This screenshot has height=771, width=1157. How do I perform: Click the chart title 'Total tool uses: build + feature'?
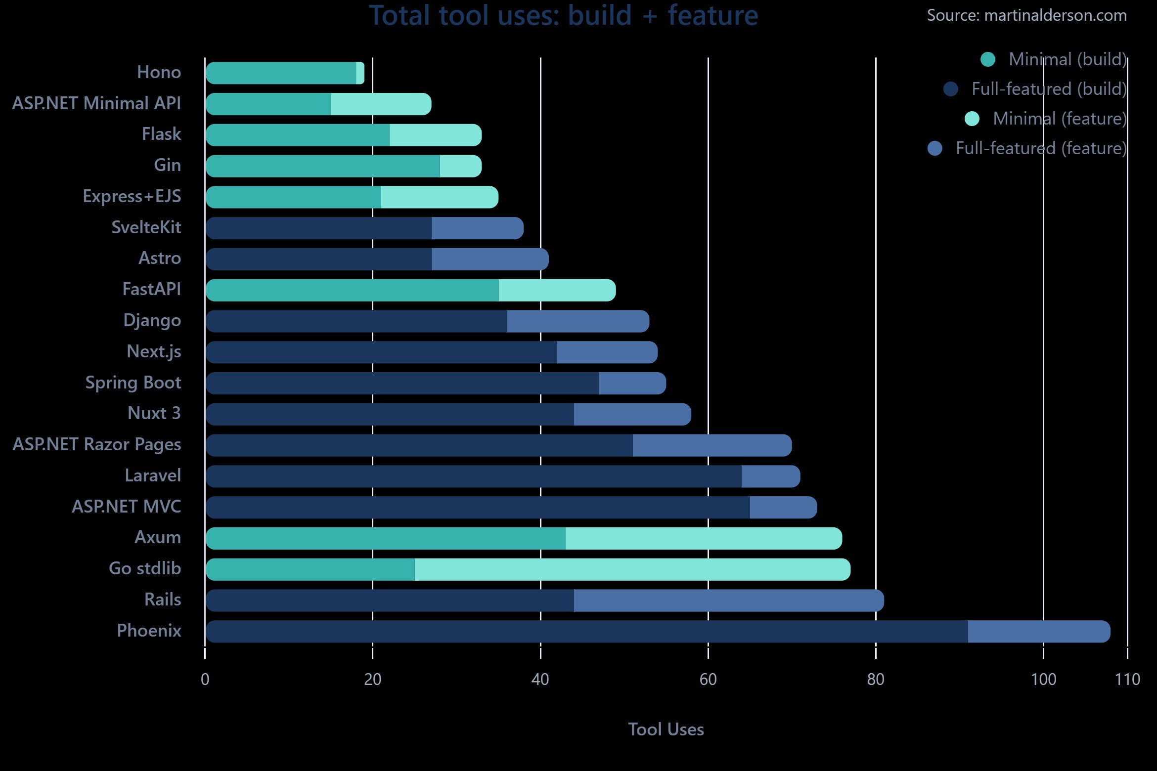pyautogui.click(x=563, y=16)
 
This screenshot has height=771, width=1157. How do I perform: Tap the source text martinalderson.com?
pyautogui.click(x=1026, y=16)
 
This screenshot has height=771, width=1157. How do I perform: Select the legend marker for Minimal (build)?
pyautogui.click(x=987, y=59)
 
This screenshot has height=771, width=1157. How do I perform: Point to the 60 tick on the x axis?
pyautogui.click(x=708, y=680)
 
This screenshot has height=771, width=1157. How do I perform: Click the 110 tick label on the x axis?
pyautogui.click(x=1127, y=680)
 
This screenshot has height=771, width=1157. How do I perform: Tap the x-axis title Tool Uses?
pyautogui.click(x=666, y=729)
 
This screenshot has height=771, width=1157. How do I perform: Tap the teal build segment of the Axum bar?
pyautogui.click(x=386, y=538)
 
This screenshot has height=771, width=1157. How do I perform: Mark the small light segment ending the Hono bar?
pyautogui.click(x=360, y=73)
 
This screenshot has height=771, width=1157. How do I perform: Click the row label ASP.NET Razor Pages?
pyautogui.click(x=97, y=444)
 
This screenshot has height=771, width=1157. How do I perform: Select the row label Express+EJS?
pyautogui.click(x=132, y=196)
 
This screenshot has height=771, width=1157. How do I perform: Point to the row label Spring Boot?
pyautogui.click(x=133, y=383)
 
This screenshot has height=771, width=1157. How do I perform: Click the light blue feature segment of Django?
pyautogui.click(x=578, y=321)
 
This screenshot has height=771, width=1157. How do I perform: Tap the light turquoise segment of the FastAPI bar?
pyautogui.click(x=557, y=290)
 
